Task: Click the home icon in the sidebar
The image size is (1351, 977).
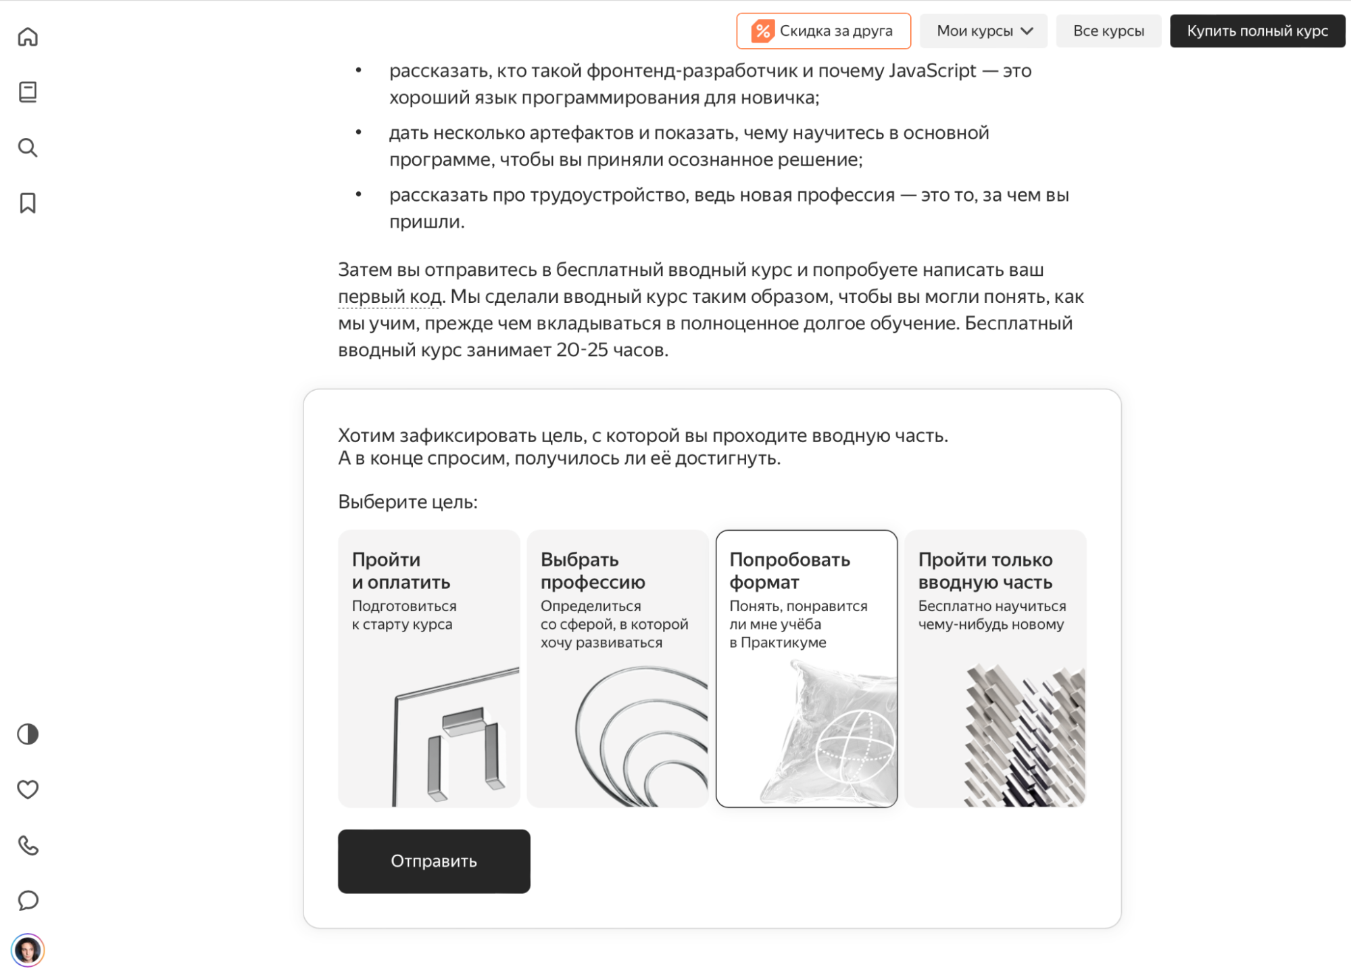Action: [28, 37]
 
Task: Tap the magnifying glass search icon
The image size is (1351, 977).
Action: [28, 147]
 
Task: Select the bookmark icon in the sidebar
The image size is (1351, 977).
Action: [28, 203]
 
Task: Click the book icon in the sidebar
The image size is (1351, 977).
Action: [28, 92]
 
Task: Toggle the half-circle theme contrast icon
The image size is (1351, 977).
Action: [28, 734]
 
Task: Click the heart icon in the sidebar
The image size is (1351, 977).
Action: [28, 790]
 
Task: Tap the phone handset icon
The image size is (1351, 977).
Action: [28, 845]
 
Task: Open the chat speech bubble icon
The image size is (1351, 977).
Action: [28, 901]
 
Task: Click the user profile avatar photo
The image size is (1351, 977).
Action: [28, 951]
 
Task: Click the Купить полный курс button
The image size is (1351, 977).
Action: [1257, 31]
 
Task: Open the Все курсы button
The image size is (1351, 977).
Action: [1108, 31]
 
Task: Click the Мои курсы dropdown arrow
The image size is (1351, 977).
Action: [1027, 31]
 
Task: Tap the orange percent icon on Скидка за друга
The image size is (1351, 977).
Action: [762, 31]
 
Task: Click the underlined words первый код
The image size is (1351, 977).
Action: [389, 297]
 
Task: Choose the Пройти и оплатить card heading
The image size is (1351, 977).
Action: [401, 571]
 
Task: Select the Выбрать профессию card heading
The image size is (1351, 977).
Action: [593, 571]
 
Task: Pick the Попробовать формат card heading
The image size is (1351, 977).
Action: [789, 571]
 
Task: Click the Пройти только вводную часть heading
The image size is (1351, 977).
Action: [985, 571]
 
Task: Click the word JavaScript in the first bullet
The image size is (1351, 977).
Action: [932, 71]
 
